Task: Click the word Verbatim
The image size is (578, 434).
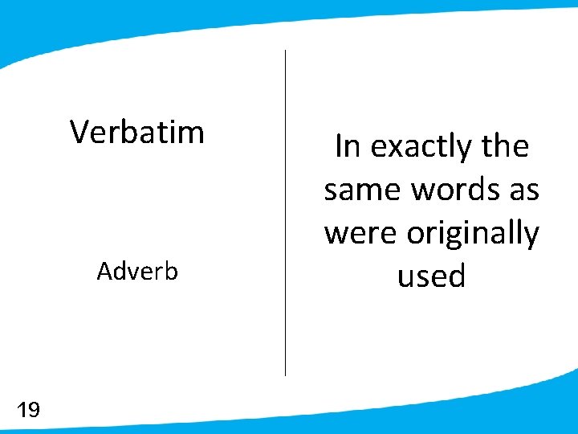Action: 137,132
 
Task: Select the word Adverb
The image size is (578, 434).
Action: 137,272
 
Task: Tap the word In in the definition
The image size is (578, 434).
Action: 346,147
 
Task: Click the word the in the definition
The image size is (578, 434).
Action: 505,147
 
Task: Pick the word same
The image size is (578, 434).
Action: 363,190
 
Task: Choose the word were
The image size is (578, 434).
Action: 361,234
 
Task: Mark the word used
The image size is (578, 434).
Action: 432,276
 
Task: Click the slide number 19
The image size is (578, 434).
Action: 28,411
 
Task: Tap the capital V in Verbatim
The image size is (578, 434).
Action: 79,131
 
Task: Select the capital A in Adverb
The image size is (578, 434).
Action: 104,272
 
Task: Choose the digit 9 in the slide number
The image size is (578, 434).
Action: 33,411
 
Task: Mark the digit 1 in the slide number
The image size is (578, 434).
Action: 22,411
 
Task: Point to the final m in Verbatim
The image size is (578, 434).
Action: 192,133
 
